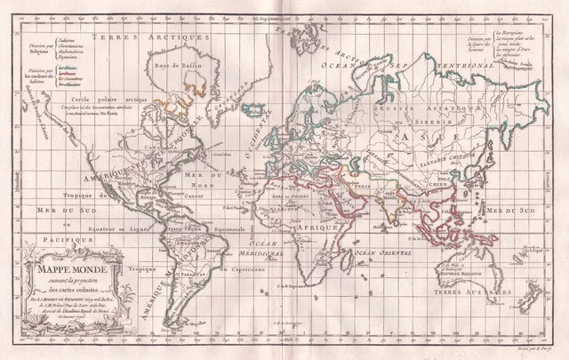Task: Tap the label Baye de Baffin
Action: [198, 63]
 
